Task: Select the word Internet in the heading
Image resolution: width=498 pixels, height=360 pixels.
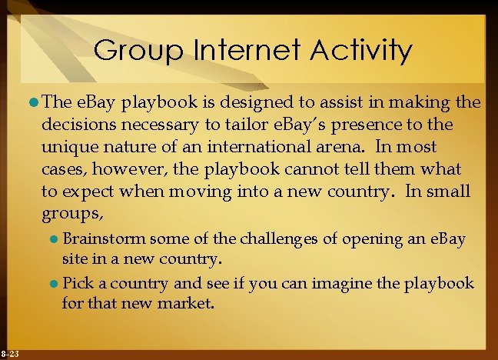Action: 244,52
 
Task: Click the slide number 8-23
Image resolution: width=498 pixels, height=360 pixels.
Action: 11,354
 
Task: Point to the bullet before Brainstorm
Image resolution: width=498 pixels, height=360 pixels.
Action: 54,239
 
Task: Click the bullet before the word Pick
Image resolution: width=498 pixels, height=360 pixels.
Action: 54,283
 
